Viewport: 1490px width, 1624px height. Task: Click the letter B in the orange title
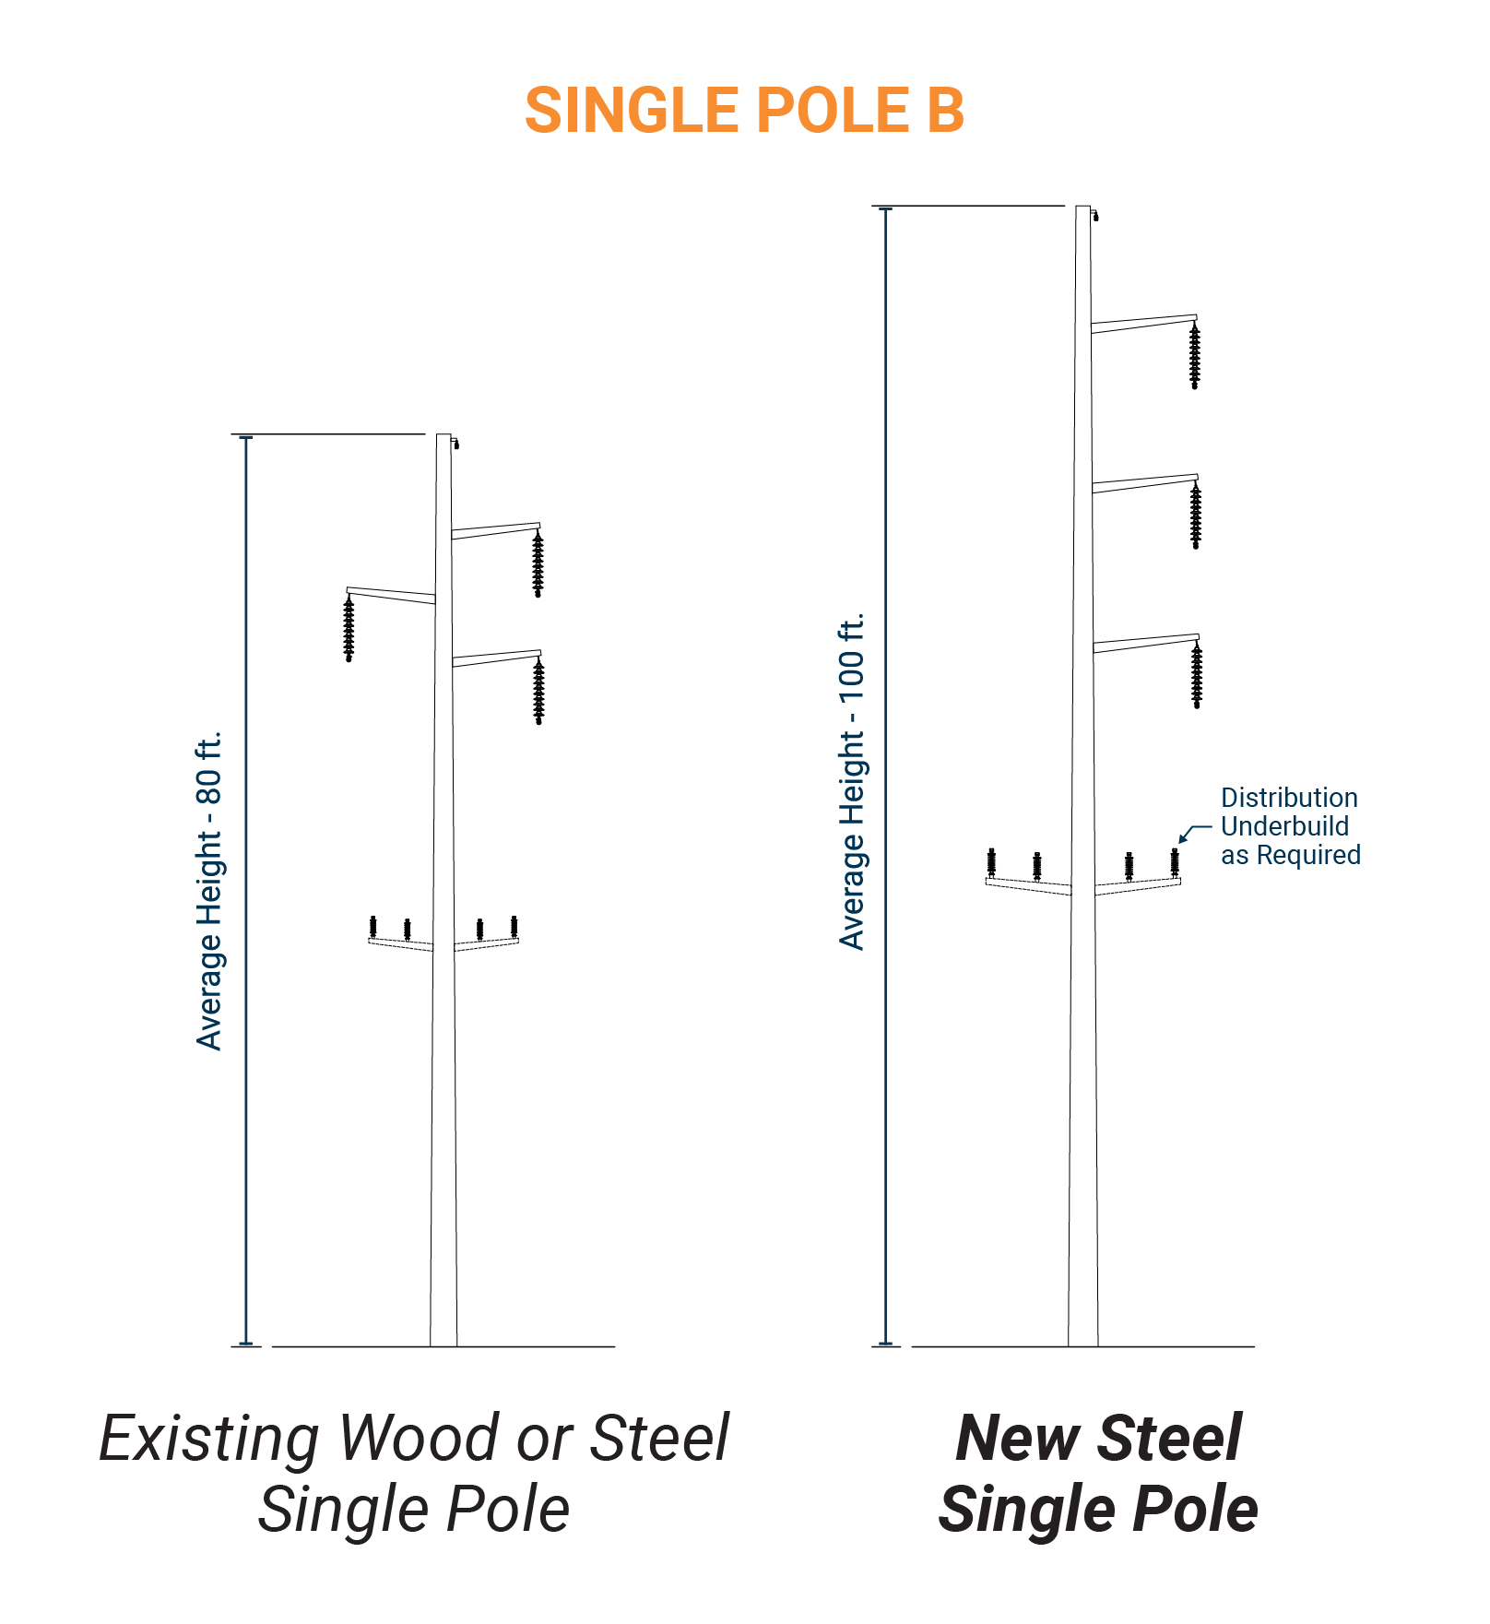tap(944, 112)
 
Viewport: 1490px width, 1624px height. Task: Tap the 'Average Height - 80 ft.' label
tap(209, 891)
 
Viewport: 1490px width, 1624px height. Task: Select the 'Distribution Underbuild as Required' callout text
tap(1290, 826)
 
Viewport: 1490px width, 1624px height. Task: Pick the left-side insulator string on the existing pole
tap(349, 629)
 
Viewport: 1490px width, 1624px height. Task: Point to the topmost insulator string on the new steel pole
tap(1195, 356)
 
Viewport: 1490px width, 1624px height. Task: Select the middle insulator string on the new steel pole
tap(1196, 516)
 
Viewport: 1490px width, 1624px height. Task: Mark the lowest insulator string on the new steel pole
tap(1197, 676)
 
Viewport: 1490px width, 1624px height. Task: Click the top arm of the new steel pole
tap(1143, 323)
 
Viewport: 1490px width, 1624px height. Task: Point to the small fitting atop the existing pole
tap(455, 444)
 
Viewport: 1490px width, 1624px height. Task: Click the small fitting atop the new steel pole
tap(1095, 216)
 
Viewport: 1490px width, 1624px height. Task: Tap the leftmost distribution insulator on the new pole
tap(991, 862)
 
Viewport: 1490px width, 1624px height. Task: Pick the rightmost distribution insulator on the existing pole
tap(514, 927)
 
